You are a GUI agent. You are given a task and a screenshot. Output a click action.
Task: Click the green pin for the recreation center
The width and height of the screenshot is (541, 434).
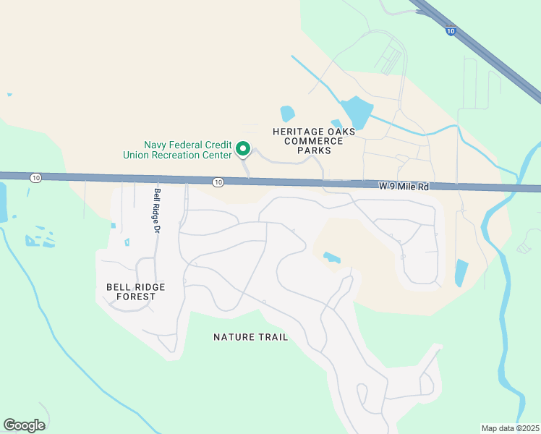pyautogui.click(x=244, y=149)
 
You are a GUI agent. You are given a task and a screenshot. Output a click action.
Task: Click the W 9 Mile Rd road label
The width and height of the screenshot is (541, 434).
pyautogui.click(x=404, y=186)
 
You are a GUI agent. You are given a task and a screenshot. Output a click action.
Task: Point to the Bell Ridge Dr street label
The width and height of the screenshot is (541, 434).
pyautogui.click(x=156, y=210)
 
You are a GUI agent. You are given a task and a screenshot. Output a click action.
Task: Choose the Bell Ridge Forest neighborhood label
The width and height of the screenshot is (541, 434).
pyautogui.click(x=136, y=292)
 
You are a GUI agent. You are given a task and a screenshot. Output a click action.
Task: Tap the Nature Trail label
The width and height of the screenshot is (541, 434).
pyautogui.click(x=251, y=337)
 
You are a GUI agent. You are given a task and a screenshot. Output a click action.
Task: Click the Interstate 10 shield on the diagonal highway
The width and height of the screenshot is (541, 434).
pyautogui.click(x=451, y=31)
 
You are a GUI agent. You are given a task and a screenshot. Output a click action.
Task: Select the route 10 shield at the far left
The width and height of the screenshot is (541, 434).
pyautogui.click(x=35, y=177)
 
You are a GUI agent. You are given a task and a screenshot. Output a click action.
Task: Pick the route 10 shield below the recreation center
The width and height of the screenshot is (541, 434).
pyautogui.click(x=218, y=182)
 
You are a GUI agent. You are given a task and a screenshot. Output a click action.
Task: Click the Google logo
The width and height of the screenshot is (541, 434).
pyautogui.click(x=24, y=425)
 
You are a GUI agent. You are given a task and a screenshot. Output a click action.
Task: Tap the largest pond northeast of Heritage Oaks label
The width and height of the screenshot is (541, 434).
pyautogui.click(x=356, y=113)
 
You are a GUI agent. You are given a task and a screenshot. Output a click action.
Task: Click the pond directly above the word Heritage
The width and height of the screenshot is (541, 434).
pyautogui.click(x=288, y=114)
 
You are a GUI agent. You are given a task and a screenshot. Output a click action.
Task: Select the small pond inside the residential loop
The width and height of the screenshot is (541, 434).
pyautogui.click(x=332, y=257)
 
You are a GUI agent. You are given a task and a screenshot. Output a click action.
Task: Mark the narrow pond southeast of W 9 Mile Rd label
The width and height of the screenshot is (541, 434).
pyautogui.click(x=461, y=273)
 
